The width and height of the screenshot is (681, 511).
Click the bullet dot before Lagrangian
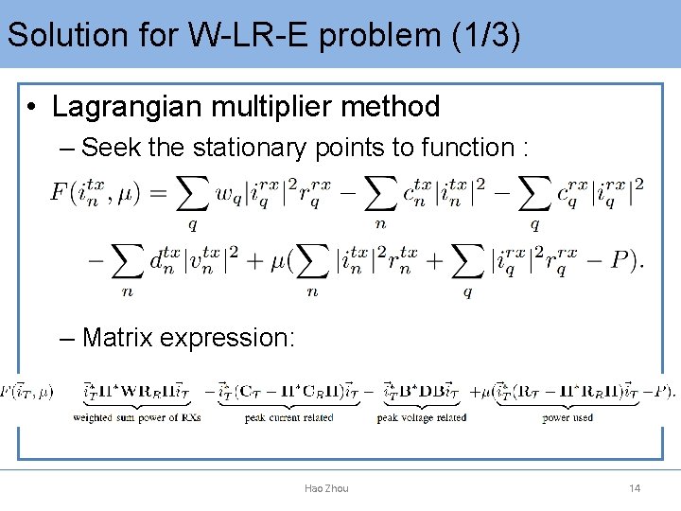click(32, 108)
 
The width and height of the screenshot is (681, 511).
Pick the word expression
click(232, 337)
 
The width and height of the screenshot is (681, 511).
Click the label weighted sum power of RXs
click(137, 417)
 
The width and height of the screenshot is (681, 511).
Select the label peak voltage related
click(421, 417)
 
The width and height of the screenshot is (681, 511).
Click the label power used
click(567, 417)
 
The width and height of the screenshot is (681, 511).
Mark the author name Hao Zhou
click(326, 488)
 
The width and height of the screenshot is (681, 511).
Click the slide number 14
click(635, 488)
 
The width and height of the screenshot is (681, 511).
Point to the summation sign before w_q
click(193, 196)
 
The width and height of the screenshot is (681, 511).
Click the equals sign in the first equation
click(158, 194)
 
